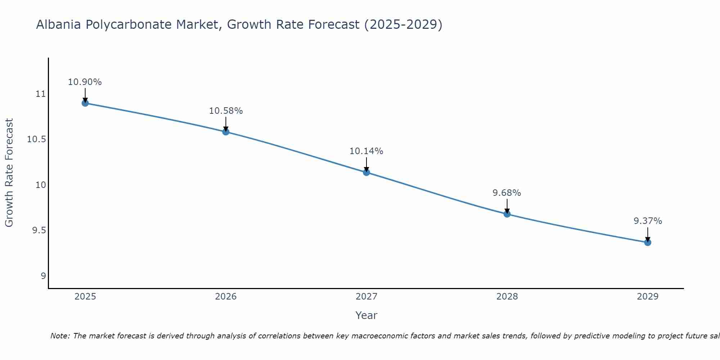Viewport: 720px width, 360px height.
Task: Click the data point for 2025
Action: (x=85, y=103)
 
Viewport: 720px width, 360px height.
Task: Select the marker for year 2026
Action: (x=226, y=132)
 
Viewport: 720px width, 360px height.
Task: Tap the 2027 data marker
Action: (x=366, y=172)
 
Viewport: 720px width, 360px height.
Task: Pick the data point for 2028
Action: (x=507, y=214)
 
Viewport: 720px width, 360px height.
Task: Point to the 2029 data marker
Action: (x=648, y=242)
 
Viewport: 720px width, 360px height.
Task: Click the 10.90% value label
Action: (x=85, y=82)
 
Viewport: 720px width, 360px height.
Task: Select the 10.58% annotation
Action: (x=226, y=111)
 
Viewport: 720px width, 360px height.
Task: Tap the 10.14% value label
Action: (x=366, y=151)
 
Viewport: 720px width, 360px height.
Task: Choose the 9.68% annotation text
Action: (x=507, y=193)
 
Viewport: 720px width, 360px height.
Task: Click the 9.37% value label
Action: (x=648, y=221)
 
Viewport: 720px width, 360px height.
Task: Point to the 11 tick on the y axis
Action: (x=41, y=94)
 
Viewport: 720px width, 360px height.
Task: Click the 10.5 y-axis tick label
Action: (x=37, y=139)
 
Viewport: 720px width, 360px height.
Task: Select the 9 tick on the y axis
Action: (x=44, y=276)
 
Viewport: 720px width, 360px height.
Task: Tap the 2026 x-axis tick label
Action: (x=226, y=297)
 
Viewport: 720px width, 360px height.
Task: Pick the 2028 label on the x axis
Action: (x=507, y=297)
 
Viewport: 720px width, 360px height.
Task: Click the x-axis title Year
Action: (x=366, y=315)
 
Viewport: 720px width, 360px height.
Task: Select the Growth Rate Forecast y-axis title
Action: (x=9, y=173)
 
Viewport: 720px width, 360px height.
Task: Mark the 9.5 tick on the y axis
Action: (x=39, y=230)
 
